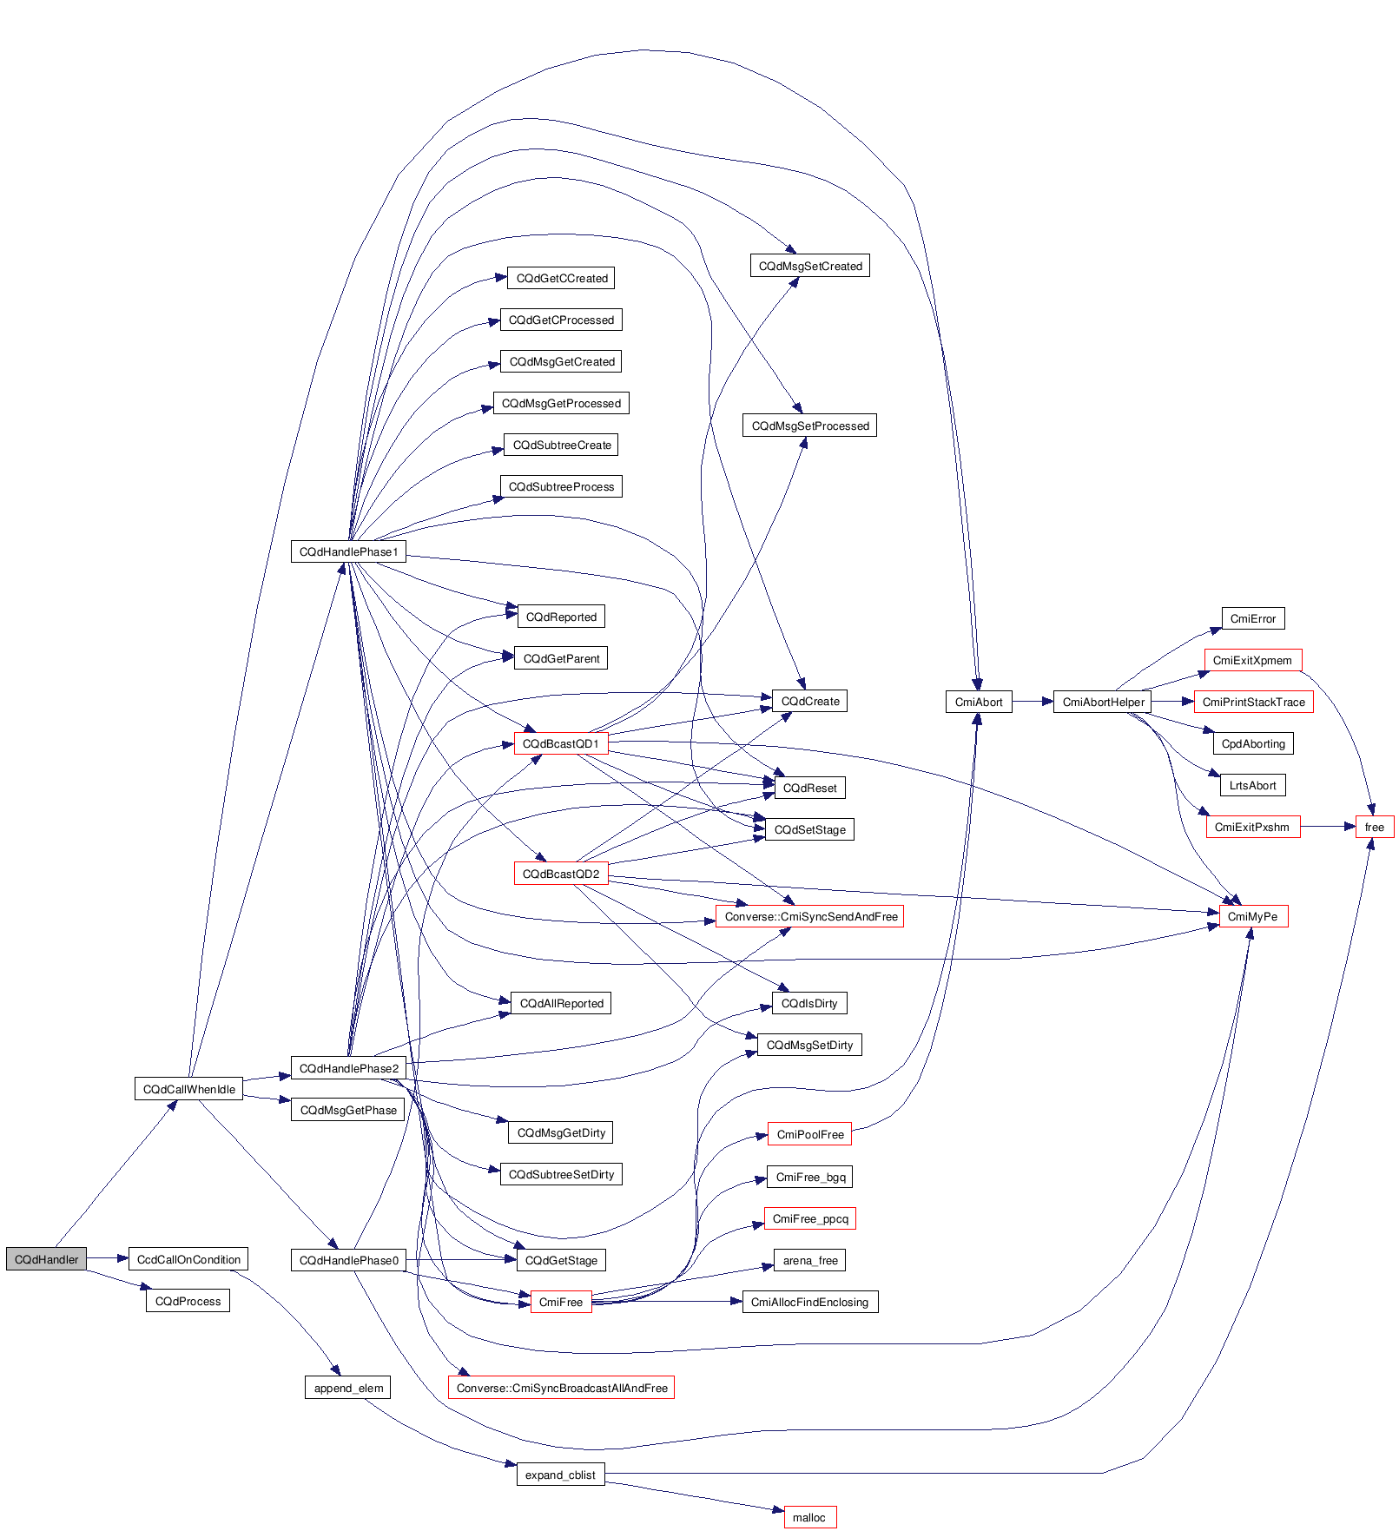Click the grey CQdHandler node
[x=46, y=1259]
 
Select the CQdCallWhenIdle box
[x=188, y=1089]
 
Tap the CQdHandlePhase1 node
[x=348, y=551]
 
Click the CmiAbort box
[x=979, y=702]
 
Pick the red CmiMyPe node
[x=1252, y=916]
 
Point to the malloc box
[x=809, y=1517]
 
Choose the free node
[x=1374, y=827]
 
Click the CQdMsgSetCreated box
[x=809, y=266]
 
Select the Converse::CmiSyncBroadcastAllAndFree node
[x=561, y=1388]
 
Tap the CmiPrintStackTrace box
[x=1253, y=702]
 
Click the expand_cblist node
[x=560, y=1475]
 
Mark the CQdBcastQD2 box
[x=560, y=874]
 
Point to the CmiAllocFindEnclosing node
[x=809, y=1302]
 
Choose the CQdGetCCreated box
[x=562, y=278]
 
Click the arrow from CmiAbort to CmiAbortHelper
[x=1033, y=702]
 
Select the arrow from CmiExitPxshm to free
[x=1328, y=827]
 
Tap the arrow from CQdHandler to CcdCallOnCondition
[x=107, y=1258]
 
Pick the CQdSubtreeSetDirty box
[x=561, y=1174]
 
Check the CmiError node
[x=1252, y=618]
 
